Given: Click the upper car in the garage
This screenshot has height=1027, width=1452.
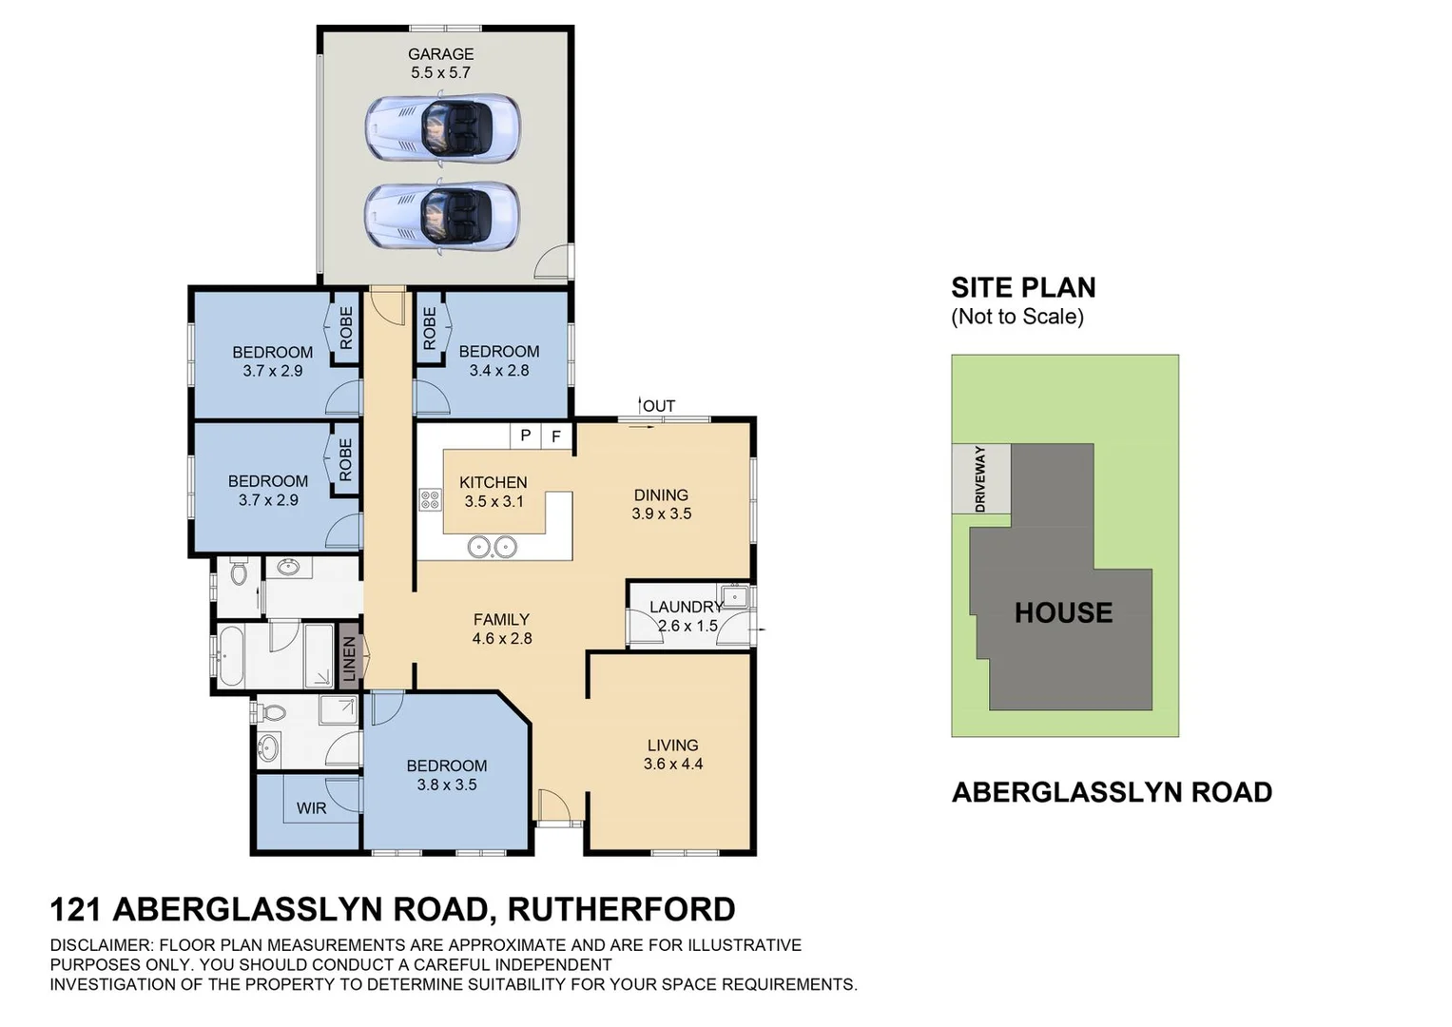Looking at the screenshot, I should pyautogui.click(x=442, y=127).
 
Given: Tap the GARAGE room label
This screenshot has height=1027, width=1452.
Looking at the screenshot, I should pyautogui.click(x=440, y=54).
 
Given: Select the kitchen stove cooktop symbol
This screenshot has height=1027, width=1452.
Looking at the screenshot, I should pyautogui.click(x=430, y=499).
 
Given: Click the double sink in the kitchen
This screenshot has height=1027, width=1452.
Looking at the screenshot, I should pyautogui.click(x=493, y=547).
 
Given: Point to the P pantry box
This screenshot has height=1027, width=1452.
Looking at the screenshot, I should pyautogui.click(x=525, y=436).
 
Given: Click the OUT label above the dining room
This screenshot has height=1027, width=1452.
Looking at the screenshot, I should pyautogui.click(x=659, y=406).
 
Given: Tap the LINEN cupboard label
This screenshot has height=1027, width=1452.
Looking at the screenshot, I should pyautogui.click(x=349, y=658).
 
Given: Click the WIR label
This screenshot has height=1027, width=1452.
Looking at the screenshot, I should pyautogui.click(x=311, y=808).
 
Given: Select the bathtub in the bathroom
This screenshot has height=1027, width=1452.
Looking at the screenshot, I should pyautogui.click(x=231, y=655).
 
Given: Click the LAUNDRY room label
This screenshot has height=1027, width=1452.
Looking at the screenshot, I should pyautogui.click(x=686, y=607).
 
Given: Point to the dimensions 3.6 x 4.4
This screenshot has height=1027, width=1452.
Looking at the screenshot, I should pyautogui.click(x=672, y=764).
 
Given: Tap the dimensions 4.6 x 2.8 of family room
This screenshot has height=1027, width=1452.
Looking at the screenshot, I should pyautogui.click(x=501, y=638).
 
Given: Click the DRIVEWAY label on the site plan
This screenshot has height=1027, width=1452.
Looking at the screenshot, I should pyautogui.click(x=979, y=478).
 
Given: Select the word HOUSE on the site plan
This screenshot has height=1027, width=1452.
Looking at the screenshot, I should pyautogui.click(x=1063, y=612).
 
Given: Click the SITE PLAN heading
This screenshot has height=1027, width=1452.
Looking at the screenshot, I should pyautogui.click(x=1023, y=287).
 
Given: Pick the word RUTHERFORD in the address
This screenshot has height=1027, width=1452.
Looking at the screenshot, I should pyautogui.click(x=621, y=909).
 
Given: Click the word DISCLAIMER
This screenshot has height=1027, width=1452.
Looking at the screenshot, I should pyautogui.click(x=100, y=945).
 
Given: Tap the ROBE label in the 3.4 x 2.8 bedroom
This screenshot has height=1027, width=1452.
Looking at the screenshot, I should pyautogui.click(x=429, y=328).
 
